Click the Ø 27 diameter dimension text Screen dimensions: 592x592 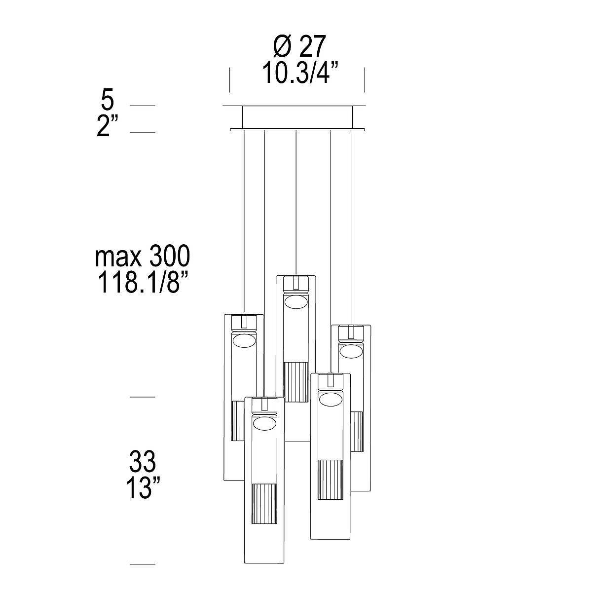click(x=299, y=47)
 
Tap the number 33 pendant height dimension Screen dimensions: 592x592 click(x=143, y=461)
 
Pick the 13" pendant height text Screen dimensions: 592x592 click(x=143, y=487)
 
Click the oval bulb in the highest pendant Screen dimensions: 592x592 click(x=296, y=302)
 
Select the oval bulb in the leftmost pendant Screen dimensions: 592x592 click(x=244, y=341)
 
